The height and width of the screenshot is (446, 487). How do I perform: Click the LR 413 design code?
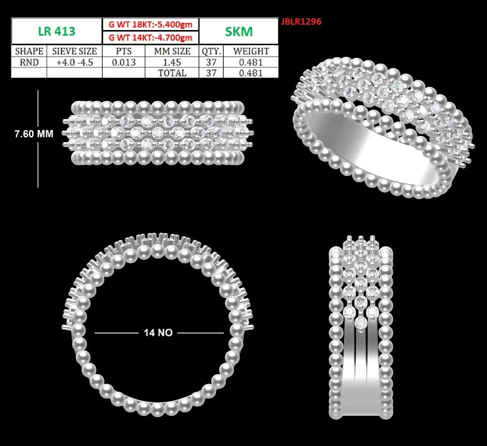[x=57, y=31]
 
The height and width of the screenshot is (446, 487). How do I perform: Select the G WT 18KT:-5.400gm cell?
[x=151, y=24]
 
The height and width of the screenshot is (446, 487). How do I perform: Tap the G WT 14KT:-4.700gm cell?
[x=151, y=38]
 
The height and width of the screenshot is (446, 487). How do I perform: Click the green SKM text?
[x=239, y=32]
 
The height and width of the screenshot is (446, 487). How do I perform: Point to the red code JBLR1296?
[x=301, y=22]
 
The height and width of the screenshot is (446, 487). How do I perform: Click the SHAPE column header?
[x=29, y=51]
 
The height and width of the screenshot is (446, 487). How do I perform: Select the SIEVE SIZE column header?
[x=75, y=51]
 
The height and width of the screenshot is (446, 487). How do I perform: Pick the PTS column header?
[x=124, y=51]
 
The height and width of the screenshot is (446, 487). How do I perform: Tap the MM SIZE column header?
[x=172, y=51]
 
